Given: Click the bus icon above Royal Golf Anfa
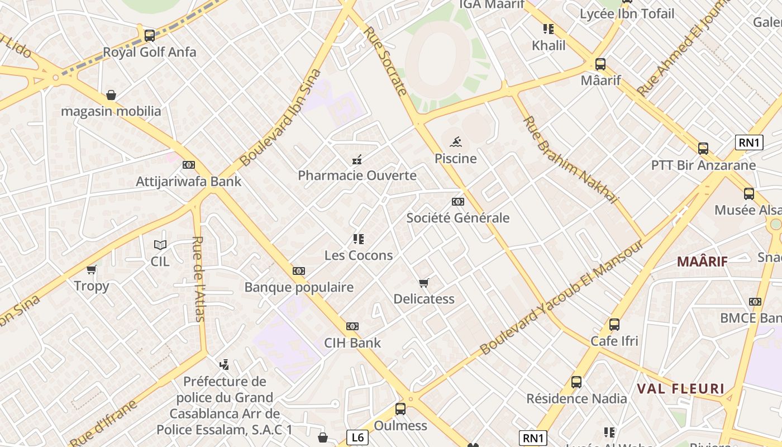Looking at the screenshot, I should point(149,36).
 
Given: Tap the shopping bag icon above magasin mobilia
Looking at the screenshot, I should point(111,95).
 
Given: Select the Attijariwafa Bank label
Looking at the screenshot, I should point(189,182).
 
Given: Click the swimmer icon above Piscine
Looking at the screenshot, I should point(456,142).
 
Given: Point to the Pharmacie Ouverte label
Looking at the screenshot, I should point(357,175).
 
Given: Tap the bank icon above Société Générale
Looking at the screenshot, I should point(458,202).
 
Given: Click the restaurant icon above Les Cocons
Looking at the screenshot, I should point(359,239).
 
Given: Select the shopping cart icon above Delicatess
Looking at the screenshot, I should point(424,283).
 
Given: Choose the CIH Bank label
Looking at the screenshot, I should point(352,343).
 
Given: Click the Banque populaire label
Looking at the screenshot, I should point(299,287).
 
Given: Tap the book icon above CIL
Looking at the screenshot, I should point(160,245).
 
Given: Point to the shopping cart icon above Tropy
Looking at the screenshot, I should point(92,270).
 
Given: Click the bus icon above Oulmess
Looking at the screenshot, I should point(400,408).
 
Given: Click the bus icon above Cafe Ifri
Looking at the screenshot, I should point(614,325).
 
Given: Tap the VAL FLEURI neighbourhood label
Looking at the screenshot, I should point(681,389).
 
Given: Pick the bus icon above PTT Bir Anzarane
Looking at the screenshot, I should point(703,149).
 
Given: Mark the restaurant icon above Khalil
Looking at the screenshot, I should point(549,29).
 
